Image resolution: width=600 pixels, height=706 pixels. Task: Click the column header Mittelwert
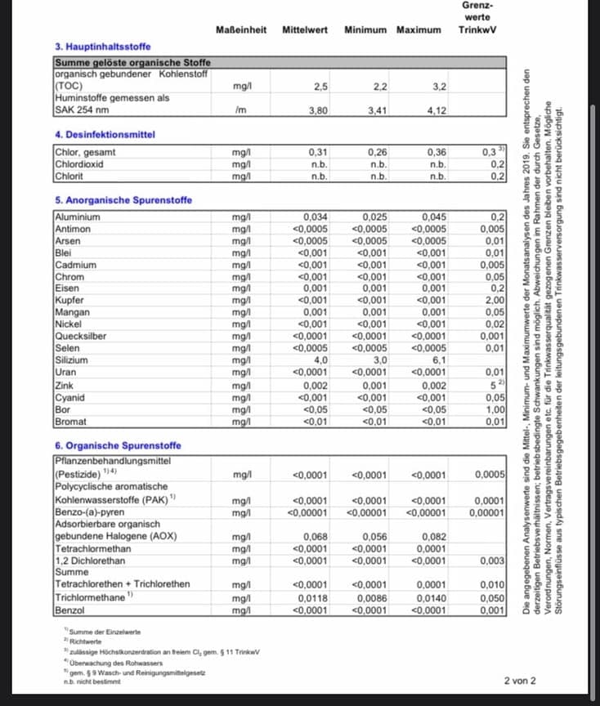pos(304,30)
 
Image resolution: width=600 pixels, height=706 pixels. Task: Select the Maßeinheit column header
pos(241,30)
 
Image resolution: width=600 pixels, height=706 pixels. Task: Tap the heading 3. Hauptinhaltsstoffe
pos(102,47)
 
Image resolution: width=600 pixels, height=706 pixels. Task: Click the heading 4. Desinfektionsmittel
pos(105,134)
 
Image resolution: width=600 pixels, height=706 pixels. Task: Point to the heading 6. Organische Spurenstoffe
pos(118,445)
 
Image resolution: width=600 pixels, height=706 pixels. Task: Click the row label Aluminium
pos(78,217)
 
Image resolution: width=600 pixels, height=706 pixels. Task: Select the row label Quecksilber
pos(81,337)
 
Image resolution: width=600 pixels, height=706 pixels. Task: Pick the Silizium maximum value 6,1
pos(439,360)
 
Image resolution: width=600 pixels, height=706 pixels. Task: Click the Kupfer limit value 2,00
pos(494,301)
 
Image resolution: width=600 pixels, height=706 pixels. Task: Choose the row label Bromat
pos(71,422)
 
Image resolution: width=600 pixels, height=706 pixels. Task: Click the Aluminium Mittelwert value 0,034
pos(316,217)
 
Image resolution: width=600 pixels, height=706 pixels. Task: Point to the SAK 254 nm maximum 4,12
pos(437,109)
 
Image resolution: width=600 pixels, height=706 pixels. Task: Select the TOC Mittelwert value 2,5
pos(320,86)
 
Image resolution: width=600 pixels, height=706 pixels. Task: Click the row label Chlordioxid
pos(78,163)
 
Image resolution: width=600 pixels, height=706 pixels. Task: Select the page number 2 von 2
pos(520,681)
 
